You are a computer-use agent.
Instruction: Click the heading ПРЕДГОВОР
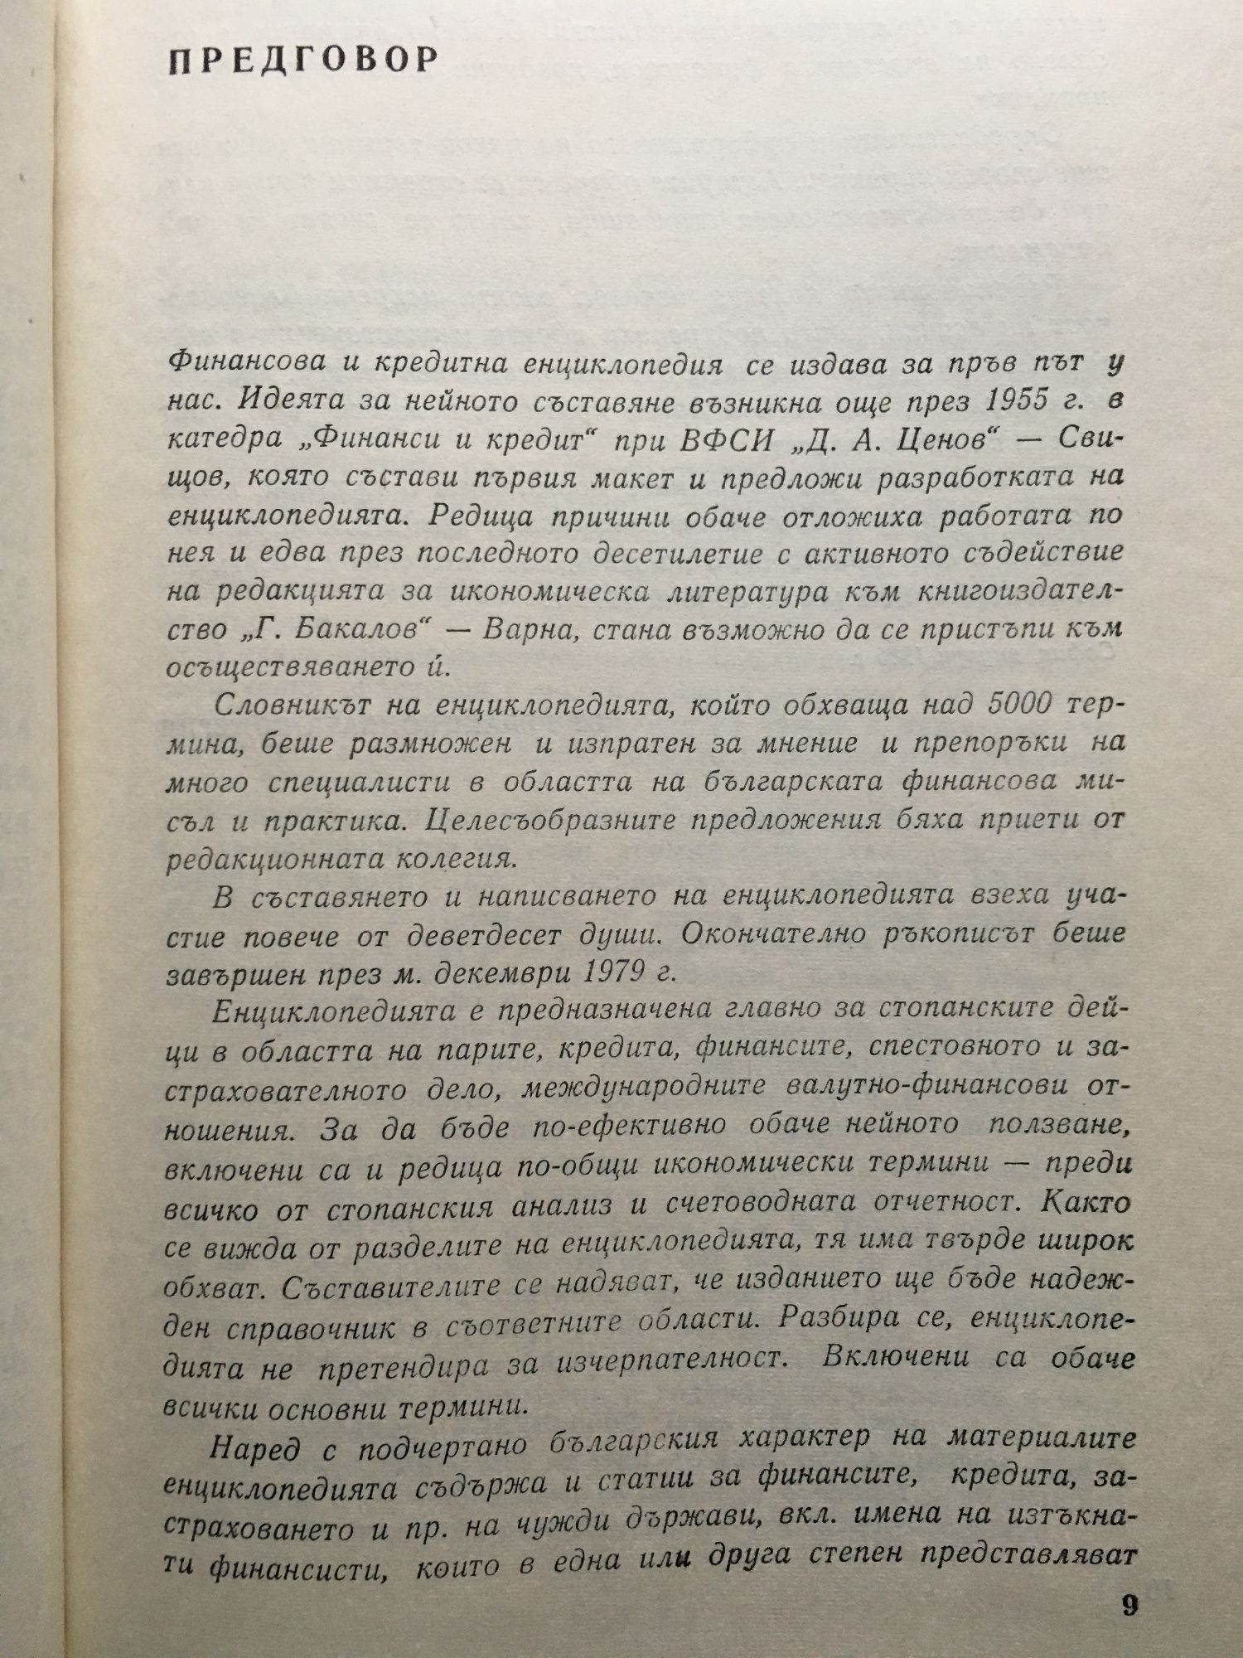pos(303,61)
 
